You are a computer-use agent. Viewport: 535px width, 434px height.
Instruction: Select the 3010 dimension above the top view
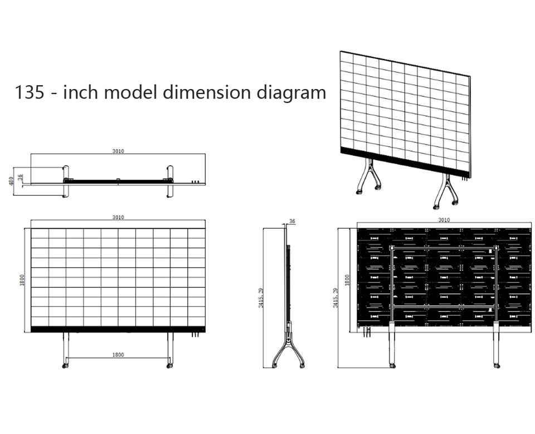[x=118, y=150]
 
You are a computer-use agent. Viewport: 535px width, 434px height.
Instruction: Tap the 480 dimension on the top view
[x=11, y=181]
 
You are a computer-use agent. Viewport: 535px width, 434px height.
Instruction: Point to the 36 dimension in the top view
[x=21, y=177]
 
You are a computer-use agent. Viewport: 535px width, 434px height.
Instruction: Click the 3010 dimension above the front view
[x=118, y=218]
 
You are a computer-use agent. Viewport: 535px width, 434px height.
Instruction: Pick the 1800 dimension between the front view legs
[x=118, y=354]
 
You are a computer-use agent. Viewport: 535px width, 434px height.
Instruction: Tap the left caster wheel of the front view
[x=65, y=365]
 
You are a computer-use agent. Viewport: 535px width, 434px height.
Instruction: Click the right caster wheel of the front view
[x=169, y=365]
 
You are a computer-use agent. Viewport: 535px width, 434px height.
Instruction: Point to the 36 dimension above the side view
[x=292, y=221]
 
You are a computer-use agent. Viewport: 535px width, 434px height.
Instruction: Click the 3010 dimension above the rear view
[x=444, y=220]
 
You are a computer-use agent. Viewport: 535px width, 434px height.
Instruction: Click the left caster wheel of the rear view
[x=391, y=365]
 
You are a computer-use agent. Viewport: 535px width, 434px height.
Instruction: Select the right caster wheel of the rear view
[x=496, y=365]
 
